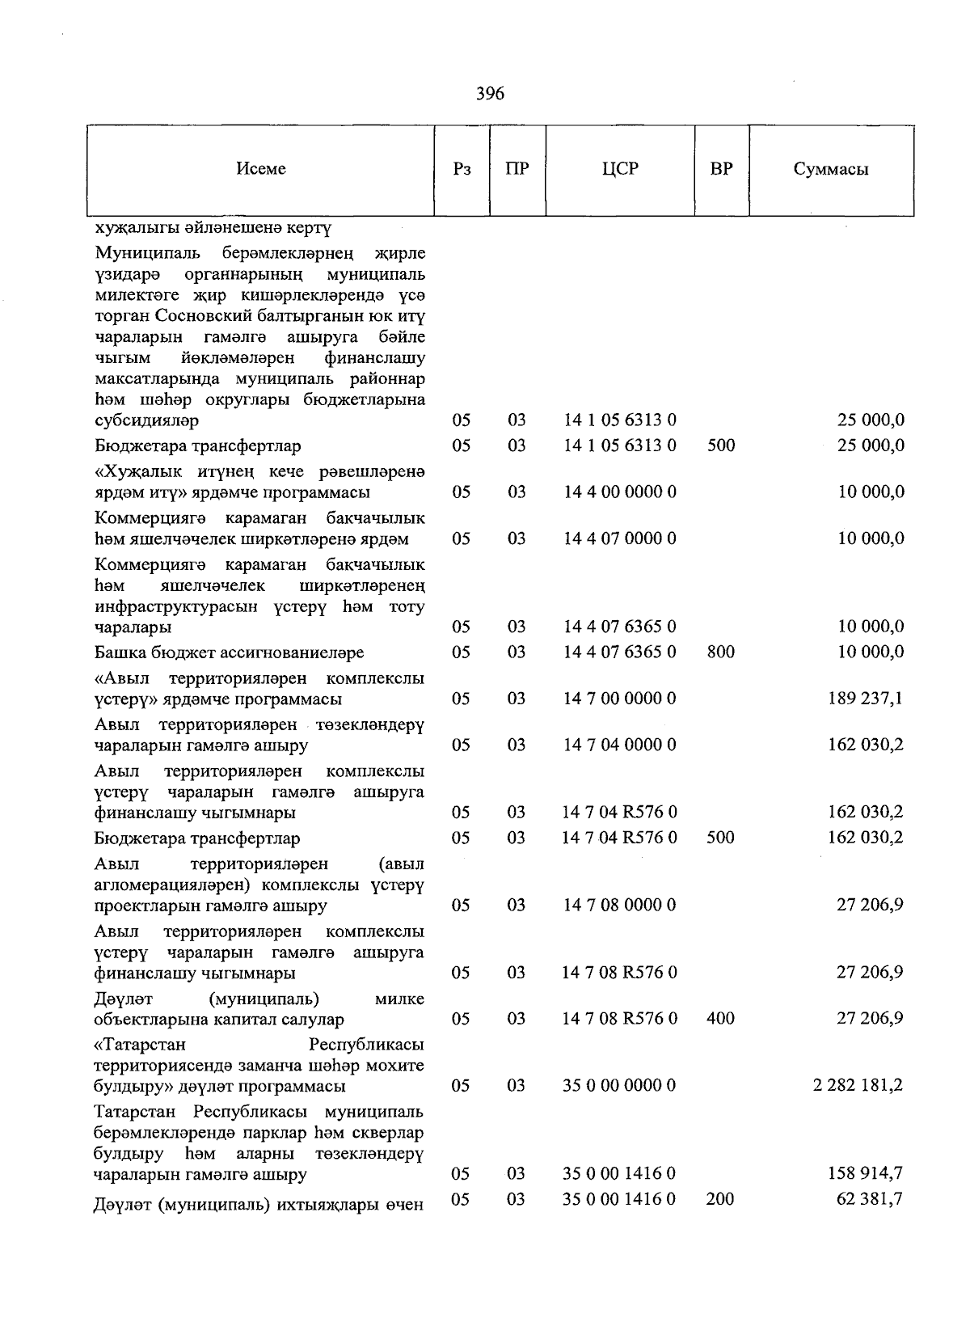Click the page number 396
point(490,94)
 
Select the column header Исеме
point(261,169)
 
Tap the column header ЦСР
point(620,169)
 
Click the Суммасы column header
point(831,169)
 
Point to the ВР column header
point(721,169)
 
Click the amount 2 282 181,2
point(858,1085)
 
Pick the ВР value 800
point(720,652)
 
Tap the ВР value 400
point(720,1018)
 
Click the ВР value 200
point(720,1198)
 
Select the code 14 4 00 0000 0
point(620,492)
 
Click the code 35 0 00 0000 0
point(620,1085)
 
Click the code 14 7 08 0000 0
point(620,905)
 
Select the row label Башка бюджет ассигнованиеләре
point(229,652)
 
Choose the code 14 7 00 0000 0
point(620,698)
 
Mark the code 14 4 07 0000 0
point(620,539)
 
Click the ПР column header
point(517,169)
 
